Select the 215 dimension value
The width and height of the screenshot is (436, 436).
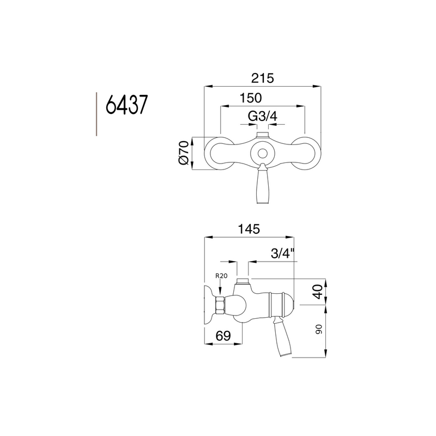262,78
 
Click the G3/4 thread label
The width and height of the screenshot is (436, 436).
262,117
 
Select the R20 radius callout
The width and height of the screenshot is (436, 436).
221,276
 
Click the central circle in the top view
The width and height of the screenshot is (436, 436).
263,154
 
